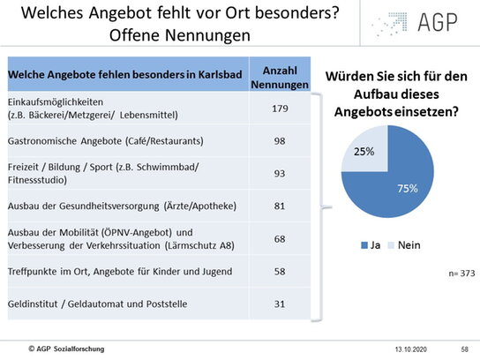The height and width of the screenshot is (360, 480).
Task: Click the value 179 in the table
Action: coord(280,109)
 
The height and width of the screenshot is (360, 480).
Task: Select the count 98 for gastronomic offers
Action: coord(280,141)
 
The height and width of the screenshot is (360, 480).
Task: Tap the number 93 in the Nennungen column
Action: coord(280,174)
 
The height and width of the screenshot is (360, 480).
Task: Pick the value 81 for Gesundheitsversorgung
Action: coord(280,206)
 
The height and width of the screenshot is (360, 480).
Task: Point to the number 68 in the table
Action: coord(280,239)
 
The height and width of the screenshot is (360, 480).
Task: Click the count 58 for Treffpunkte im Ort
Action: coord(280,272)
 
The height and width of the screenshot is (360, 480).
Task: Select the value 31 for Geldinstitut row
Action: coord(280,304)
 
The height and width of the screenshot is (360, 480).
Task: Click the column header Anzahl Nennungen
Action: coord(280,78)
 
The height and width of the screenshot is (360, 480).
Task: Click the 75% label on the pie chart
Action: coord(408,188)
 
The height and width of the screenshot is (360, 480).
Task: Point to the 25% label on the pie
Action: coord(364,151)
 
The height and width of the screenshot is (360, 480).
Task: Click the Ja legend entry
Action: coord(371,245)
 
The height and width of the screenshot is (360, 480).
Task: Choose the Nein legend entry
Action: coord(404,245)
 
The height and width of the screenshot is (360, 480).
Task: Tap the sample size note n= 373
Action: coord(461,273)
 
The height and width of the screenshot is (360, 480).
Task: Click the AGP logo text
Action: coord(438,22)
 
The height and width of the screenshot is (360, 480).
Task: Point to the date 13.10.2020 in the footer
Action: coord(411,349)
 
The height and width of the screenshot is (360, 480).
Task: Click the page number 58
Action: coord(465,349)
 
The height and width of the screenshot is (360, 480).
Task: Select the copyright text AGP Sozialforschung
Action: coord(66,349)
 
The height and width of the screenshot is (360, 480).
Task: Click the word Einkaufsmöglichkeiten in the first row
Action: coord(56,102)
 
